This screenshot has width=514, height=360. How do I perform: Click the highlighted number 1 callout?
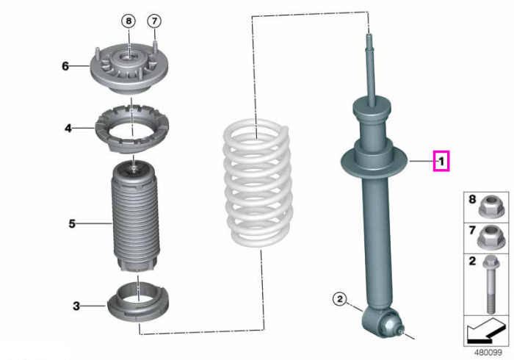point(441,161)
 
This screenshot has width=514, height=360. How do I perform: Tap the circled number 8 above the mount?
point(128,21)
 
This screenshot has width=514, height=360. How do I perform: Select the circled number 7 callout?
point(154,21)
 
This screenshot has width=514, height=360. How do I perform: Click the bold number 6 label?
point(65,66)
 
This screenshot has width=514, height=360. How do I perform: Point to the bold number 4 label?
point(68,128)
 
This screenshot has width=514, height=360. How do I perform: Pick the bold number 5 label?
point(72,223)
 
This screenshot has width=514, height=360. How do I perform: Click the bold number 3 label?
point(76,306)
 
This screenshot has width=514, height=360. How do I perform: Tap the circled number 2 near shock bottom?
point(339,299)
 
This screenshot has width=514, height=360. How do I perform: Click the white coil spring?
point(258,184)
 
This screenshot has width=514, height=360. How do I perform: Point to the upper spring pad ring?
point(131,129)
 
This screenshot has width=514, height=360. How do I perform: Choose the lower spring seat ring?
point(138,302)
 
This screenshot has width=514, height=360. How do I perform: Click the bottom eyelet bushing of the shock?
point(382,323)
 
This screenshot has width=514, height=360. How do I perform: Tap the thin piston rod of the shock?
point(370,69)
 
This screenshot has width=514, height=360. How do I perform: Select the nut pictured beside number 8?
point(491,206)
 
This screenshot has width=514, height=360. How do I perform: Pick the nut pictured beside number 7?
point(491,238)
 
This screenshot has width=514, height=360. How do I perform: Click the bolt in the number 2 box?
point(491,284)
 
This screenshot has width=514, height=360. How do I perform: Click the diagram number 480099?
point(488,353)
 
